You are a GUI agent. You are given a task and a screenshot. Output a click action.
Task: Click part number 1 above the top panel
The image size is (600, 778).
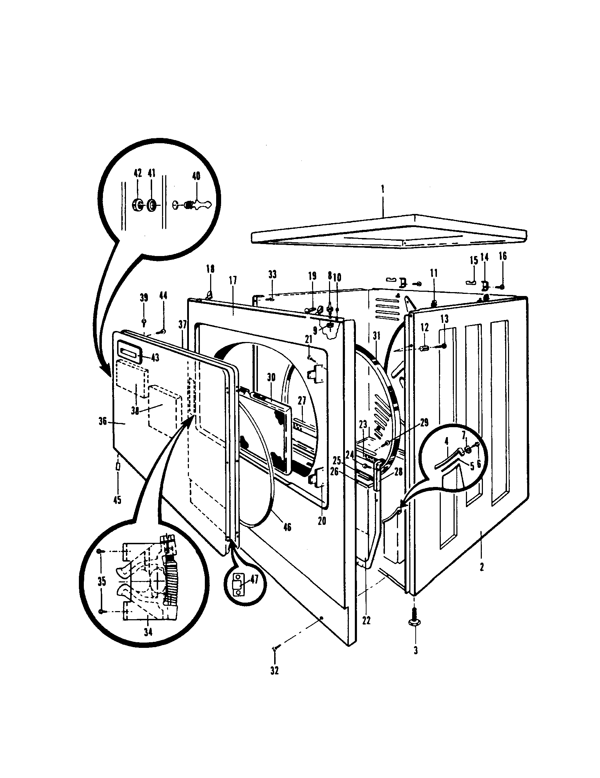383,189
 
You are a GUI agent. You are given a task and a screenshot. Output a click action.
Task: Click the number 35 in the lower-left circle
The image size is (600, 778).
102,581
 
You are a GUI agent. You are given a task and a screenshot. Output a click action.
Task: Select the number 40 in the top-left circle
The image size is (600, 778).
196,176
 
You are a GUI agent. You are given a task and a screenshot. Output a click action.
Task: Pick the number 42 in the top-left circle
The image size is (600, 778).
138,174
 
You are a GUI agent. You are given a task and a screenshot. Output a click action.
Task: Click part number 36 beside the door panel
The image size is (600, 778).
103,422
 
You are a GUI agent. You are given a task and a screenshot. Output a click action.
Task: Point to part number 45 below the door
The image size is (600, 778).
117,500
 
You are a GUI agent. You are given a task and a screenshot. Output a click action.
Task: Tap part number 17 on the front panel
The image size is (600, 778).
233,280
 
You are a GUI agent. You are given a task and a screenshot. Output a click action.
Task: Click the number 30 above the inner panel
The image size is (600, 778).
271,378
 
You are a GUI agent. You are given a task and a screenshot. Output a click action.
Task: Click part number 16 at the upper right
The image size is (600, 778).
502,256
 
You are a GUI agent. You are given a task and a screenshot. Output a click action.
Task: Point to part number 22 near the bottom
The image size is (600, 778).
366,620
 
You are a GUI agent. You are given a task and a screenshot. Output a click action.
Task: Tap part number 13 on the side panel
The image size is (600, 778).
445,319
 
